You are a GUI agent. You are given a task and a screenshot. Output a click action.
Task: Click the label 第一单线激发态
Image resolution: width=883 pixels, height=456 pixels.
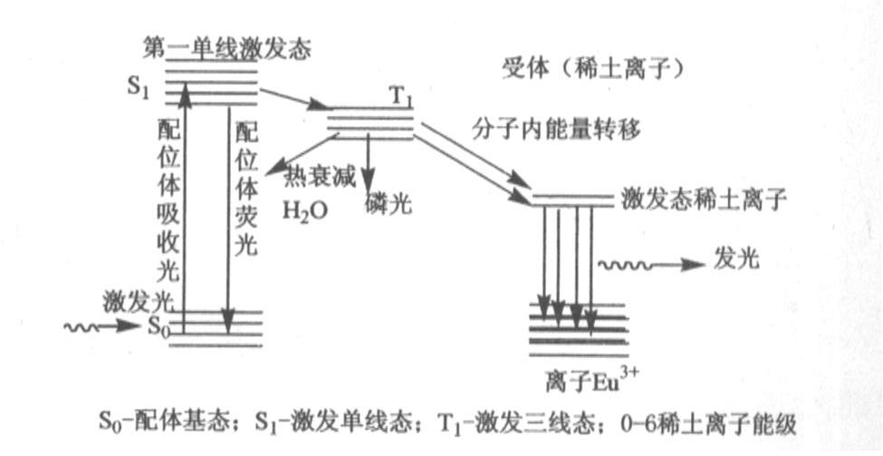[227, 49]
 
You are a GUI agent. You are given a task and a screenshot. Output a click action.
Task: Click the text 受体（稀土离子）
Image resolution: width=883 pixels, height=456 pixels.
[590, 68]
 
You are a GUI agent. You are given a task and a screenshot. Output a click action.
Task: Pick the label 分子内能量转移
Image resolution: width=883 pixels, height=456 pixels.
[556, 130]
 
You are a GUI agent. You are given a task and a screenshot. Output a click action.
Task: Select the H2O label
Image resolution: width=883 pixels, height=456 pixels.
[302, 211]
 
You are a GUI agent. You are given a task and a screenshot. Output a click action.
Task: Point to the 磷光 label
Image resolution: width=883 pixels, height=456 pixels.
[389, 203]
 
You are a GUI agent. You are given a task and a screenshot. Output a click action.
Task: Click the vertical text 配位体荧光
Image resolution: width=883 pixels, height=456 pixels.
[245, 188]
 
